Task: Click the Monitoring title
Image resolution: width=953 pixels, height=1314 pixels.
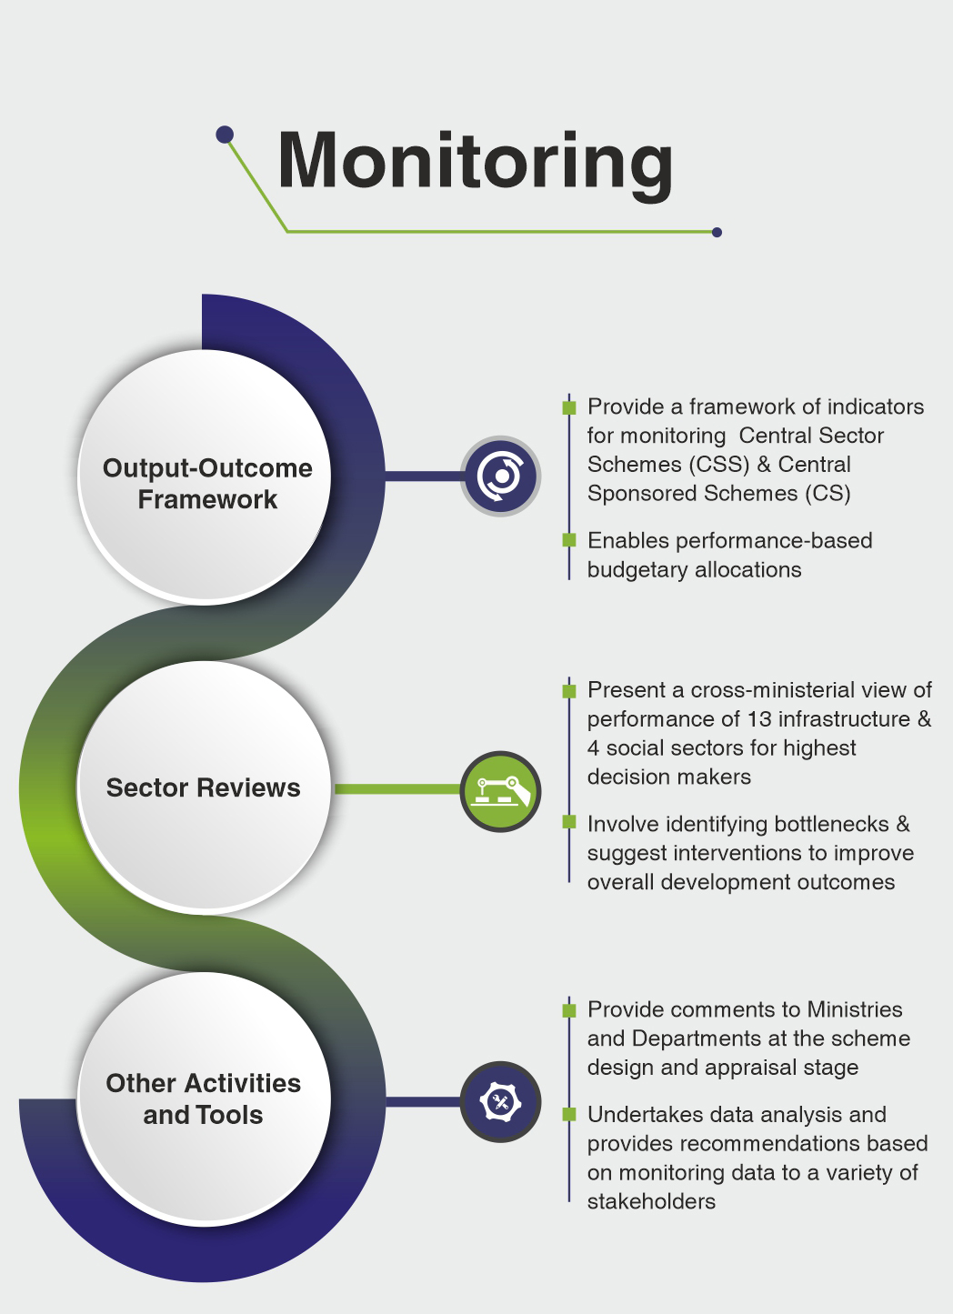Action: coord(475,161)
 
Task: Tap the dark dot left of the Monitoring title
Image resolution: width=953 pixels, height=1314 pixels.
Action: coord(225,135)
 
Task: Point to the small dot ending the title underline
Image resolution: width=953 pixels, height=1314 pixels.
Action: coord(717,232)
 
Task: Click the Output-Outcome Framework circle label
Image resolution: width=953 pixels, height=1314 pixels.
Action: coord(207,483)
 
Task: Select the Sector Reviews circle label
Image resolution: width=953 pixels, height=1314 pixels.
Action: coord(203,787)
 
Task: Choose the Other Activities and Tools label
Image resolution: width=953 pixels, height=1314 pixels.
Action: coord(203,1098)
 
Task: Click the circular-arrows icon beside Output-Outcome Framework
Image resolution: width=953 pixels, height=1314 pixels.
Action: coord(500,476)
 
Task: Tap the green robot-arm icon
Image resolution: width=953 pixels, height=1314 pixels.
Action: coord(500,790)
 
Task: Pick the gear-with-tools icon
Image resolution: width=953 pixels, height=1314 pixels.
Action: coord(500,1102)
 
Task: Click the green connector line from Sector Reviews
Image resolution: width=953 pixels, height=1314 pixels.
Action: coord(396,789)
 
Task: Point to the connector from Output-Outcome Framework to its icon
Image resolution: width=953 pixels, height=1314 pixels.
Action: coord(423,476)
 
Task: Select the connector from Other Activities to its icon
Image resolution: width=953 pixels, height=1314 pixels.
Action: coord(423,1102)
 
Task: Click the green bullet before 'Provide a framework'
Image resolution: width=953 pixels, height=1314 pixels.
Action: coord(569,406)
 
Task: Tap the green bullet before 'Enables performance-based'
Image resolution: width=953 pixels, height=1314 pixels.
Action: coord(569,540)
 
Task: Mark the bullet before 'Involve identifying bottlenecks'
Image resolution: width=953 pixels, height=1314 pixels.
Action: coord(569,823)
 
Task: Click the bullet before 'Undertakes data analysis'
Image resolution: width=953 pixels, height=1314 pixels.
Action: coord(569,1114)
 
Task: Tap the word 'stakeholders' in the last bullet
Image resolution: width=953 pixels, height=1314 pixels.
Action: coord(651,1201)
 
